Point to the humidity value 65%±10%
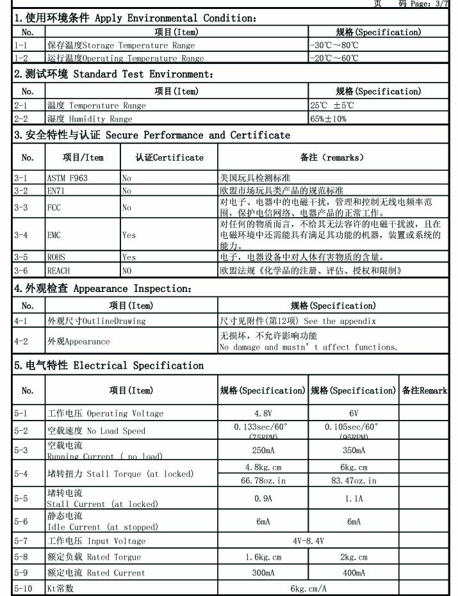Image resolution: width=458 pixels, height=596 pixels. coord(328,118)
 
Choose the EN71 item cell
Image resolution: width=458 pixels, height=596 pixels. coord(56,190)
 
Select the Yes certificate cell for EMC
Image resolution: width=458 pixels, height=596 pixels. coord(129,235)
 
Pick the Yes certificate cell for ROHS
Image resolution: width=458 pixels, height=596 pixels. coord(129,257)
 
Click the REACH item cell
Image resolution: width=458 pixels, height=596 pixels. coord(58,271)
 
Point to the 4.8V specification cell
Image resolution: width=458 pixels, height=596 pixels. coord(263,413)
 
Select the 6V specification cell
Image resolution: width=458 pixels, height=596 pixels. coord(354,413)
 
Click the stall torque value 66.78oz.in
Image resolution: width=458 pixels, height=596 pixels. coord(263,480)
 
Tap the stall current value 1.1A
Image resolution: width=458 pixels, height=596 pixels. coord(354,498)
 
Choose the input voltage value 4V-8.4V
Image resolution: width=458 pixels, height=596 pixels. coord(308,541)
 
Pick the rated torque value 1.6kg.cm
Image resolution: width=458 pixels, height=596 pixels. coord(263,557)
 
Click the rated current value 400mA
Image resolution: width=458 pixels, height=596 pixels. coord(354,572)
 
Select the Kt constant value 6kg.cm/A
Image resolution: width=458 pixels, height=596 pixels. coord(308,588)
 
